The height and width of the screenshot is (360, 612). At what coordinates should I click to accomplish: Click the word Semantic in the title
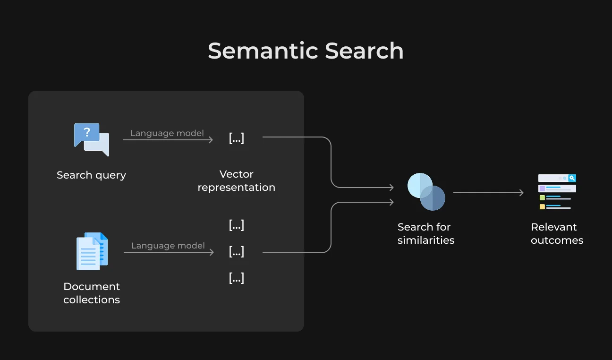click(x=263, y=51)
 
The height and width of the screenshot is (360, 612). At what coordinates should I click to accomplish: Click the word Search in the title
click(x=364, y=51)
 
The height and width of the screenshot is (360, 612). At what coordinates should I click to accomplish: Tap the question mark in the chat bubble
click(x=87, y=132)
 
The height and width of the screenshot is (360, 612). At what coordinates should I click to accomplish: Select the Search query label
click(x=91, y=175)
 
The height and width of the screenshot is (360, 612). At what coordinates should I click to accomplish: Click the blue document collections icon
click(x=92, y=251)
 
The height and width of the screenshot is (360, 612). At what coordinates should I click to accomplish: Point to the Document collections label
click(x=92, y=293)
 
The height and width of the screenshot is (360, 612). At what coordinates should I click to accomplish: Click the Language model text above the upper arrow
click(x=167, y=133)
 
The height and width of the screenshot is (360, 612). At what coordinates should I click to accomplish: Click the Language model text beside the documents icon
click(x=168, y=246)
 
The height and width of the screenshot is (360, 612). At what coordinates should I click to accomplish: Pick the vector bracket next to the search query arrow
click(x=236, y=138)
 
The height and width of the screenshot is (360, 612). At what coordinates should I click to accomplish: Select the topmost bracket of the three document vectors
click(x=236, y=225)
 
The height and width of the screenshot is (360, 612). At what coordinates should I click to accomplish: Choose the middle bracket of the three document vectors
click(x=236, y=251)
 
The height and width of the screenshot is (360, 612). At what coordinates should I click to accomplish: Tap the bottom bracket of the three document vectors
click(x=236, y=278)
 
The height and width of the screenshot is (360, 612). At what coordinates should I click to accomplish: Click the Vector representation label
click(x=236, y=180)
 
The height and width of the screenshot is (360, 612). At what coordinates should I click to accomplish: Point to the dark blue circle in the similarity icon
click(x=435, y=199)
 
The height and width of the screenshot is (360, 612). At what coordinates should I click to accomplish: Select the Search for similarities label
click(x=426, y=233)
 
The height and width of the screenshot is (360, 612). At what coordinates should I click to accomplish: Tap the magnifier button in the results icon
click(x=572, y=178)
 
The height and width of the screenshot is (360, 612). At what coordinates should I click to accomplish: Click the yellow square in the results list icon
click(x=542, y=206)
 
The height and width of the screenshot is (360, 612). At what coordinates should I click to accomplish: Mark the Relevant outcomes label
click(x=557, y=233)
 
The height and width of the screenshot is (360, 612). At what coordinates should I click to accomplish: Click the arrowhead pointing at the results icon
click(x=521, y=193)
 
